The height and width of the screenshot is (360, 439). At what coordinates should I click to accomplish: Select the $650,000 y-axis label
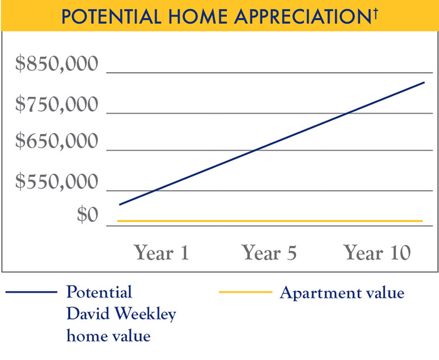point(57,142)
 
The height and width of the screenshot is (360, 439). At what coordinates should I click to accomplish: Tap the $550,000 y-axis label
point(57,182)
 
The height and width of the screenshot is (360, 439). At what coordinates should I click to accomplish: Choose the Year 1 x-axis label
point(162,253)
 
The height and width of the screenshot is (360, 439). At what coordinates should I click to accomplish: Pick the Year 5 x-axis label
point(269,253)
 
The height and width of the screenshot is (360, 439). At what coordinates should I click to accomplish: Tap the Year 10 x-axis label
point(378,253)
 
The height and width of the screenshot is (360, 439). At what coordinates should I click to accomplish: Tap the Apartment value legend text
point(342,292)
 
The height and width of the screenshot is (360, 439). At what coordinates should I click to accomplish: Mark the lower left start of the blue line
point(119,204)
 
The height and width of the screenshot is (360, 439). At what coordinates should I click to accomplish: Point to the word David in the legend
point(87,314)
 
